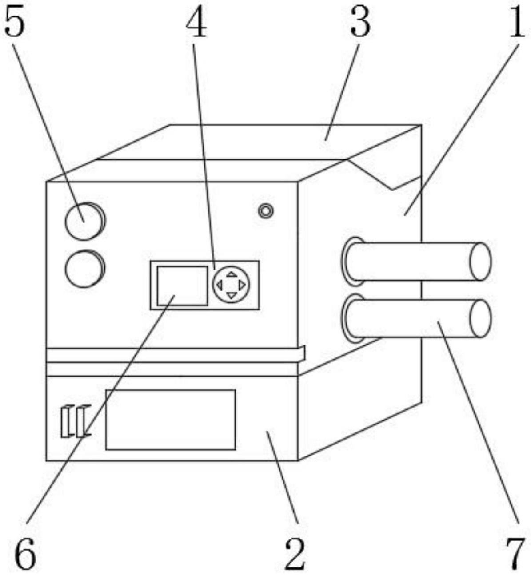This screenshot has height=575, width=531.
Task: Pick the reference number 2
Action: point(295,555)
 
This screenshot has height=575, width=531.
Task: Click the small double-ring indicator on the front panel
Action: point(266,210)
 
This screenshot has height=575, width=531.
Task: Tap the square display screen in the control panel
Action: point(182,286)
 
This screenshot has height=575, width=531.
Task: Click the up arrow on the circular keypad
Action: point(232,274)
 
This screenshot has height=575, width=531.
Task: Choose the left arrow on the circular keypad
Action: point(220,285)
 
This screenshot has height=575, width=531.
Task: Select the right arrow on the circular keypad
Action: point(242,285)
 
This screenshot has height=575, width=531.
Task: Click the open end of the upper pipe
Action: point(480,261)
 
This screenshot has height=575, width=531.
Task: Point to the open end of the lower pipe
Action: point(480,318)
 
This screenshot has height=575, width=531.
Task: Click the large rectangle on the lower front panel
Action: point(170,420)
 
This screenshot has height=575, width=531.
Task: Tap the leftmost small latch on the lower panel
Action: point(66,421)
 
